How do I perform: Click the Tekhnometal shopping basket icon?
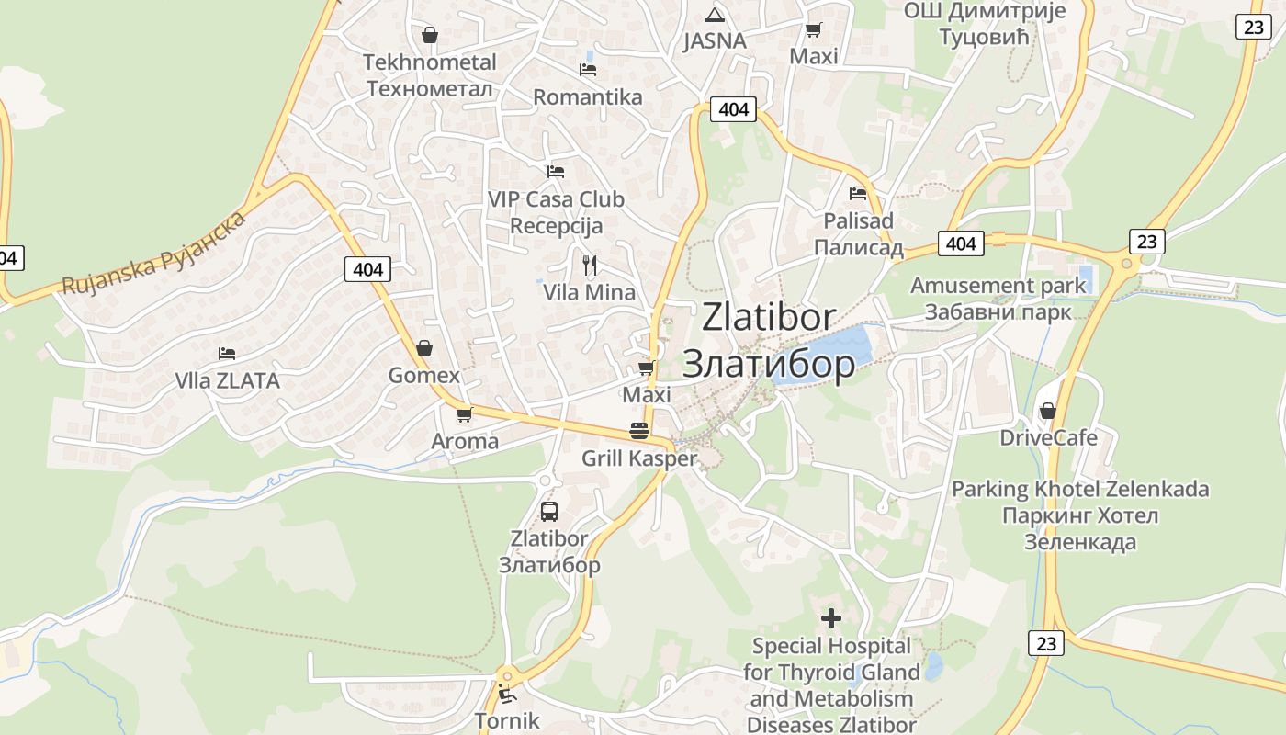click(429, 36)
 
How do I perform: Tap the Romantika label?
click(588, 96)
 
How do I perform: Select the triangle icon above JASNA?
click(714, 15)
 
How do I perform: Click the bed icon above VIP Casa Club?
click(555, 171)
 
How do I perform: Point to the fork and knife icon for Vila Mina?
click(590, 266)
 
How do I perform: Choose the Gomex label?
click(423, 375)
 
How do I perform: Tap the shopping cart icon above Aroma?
click(464, 414)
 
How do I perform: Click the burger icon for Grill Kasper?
click(639, 430)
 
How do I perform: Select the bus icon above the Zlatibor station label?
click(548, 512)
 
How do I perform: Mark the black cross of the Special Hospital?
click(831, 618)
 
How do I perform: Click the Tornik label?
click(507, 719)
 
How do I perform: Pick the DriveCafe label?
click(1048, 437)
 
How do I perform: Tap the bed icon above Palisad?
click(858, 194)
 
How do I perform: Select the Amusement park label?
click(998, 285)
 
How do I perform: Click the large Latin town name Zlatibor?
click(769, 317)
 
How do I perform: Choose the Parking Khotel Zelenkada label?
click(1080, 489)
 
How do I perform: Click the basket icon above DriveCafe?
click(1047, 411)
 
